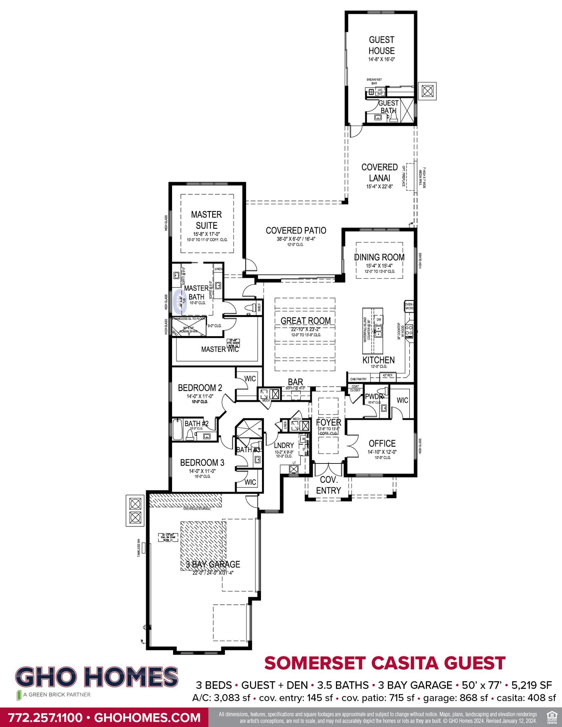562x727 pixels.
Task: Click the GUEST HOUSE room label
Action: [x=381, y=45]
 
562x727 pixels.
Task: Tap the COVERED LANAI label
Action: [x=379, y=172]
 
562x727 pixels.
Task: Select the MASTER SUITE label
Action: [x=206, y=220]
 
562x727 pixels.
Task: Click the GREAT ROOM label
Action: [x=306, y=320]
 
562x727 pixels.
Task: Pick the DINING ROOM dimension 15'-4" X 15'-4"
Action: [x=379, y=266]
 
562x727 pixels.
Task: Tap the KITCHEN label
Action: [x=378, y=360]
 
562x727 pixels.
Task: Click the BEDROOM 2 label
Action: [x=200, y=388]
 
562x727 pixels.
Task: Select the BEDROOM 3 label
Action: [x=202, y=462]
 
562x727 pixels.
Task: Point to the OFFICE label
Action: [x=382, y=443]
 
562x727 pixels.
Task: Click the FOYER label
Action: [x=328, y=422]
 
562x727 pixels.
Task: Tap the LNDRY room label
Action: [x=284, y=445]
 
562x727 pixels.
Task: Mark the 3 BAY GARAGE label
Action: [x=213, y=564]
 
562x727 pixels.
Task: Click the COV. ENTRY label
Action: [x=328, y=485]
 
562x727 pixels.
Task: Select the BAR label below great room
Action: [x=295, y=382]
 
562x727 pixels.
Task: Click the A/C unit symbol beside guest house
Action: [x=427, y=91]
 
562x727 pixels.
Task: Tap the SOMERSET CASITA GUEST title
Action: [x=385, y=663]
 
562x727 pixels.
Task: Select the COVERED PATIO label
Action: [x=296, y=231]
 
